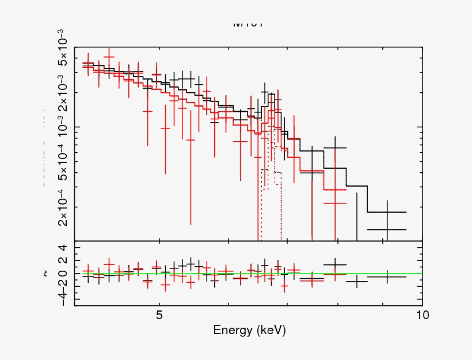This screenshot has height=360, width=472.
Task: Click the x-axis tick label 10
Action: click(422, 315)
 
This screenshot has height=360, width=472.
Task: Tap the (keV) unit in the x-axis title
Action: click(271, 331)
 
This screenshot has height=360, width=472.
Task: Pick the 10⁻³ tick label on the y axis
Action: click(64, 127)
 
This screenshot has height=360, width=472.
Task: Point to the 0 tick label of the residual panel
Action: click(63, 274)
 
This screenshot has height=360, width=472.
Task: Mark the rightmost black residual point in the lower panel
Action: click(387, 277)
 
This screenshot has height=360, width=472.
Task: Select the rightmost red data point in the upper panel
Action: click(334, 203)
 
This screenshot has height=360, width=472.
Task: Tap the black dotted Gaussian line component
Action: click(271, 171)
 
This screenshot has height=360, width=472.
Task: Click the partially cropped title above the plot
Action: click(248, 25)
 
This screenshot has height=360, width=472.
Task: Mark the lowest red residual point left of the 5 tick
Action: click(147, 282)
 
